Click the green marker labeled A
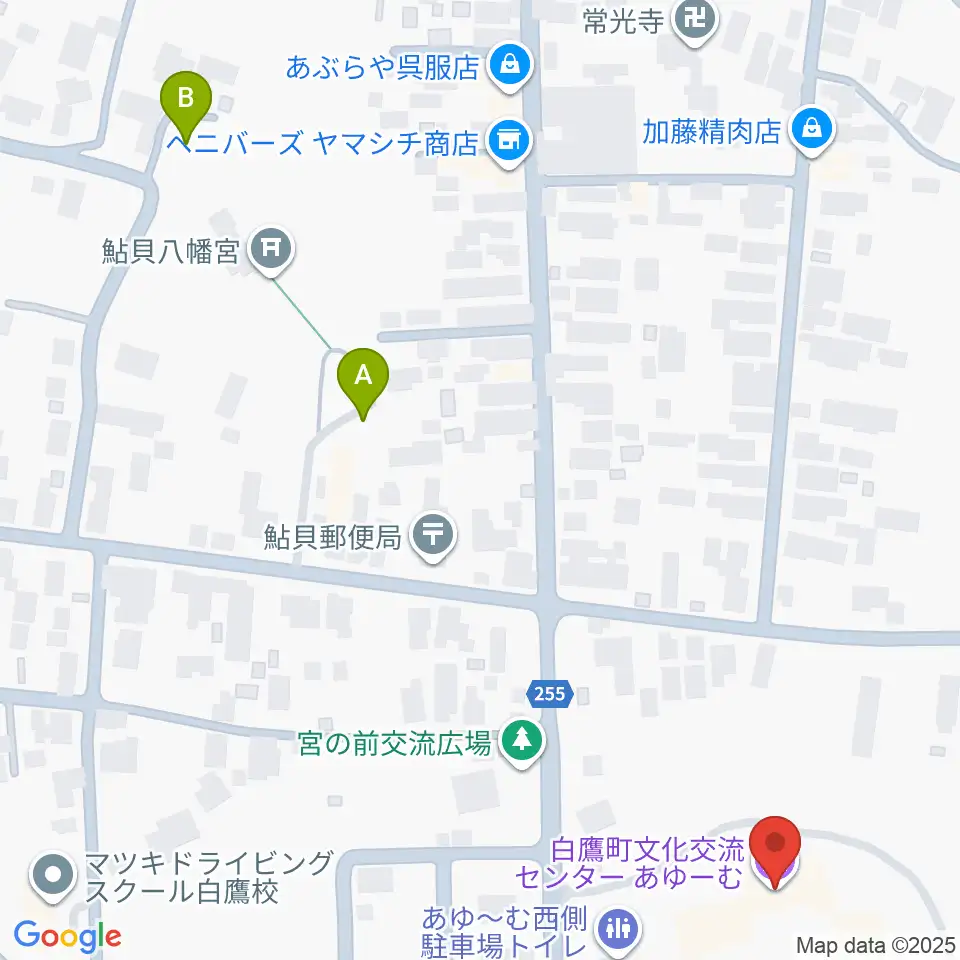pyautogui.click(x=363, y=377)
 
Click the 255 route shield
pyautogui.click(x=549, y=693)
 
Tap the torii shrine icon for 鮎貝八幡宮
pyautogui.click(x=270, y=247)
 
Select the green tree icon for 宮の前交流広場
pyautogui.click(x=520, y=740)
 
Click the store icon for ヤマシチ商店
pyautogui.click(x=509, y=141)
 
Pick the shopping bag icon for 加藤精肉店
pyautogui.click(x=811, y=130)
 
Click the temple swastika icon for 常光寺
pyautogui.click(x=697, y=18)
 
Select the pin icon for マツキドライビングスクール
pyautogui.click(x=49, y=876)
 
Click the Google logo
pyautogui.click(x=67, y=936)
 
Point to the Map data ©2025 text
pyautogui.click(x=875, y=944)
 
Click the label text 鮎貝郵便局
pyautogui.click(x=333, y=537)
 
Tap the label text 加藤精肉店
pyautogui.click(x=711, y=131)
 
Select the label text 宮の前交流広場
pyautogui.click(x=394, y=742)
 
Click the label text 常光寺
pyautogui.click(x=623, y=20)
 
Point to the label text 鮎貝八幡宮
pyautogui.click(x=170, y=249)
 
